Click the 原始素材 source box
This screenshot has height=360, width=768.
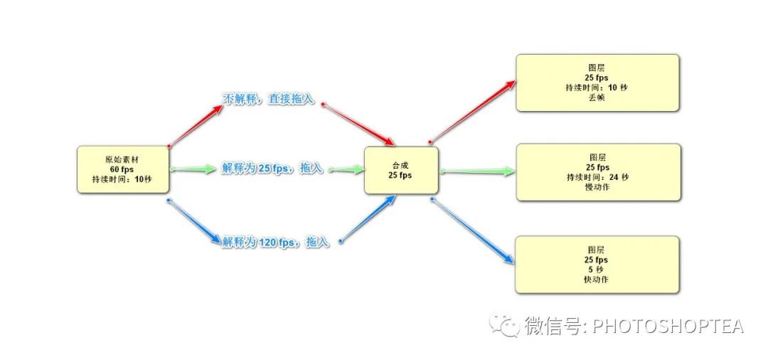tap(123, 170)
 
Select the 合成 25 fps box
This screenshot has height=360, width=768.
tap(401, 170)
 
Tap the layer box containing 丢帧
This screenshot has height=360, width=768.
tap(597, 83)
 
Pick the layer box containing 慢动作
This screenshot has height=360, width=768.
tap(597, 172)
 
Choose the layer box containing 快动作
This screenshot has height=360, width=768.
tap(597, 265)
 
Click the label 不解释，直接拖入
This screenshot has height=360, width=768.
tap(269, 100)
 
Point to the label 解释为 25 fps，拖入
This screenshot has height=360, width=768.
tap(272, 169)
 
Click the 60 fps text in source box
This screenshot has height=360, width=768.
tap(122, 170)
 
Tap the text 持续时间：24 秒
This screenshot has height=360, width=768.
tap(597, 177)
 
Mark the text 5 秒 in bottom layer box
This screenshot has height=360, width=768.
tap(597, 270)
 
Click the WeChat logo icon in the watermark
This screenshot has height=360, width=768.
tap(508, 327)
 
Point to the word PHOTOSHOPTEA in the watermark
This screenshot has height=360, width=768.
tap(668, 327)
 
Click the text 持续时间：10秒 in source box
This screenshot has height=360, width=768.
tap(122, 180)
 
